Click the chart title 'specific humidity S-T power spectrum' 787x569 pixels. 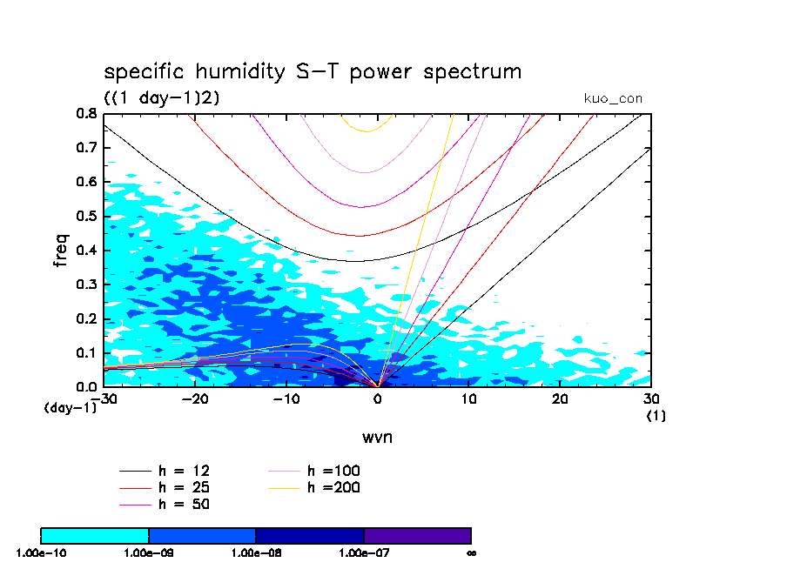(313, 72)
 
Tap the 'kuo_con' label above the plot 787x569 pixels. (613, 99)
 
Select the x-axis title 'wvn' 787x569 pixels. (377, 437)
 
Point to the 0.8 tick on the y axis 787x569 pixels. (85, 113)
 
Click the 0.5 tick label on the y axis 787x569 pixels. (85, 216)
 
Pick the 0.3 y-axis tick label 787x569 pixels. (85, 284)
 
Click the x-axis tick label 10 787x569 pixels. (468, 398)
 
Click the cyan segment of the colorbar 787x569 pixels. (95, 535)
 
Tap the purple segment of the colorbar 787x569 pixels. (417, 535)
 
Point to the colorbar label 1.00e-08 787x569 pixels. (256, 552)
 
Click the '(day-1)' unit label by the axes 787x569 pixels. (70, 407)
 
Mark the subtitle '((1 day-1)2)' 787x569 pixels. (162, 98)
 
